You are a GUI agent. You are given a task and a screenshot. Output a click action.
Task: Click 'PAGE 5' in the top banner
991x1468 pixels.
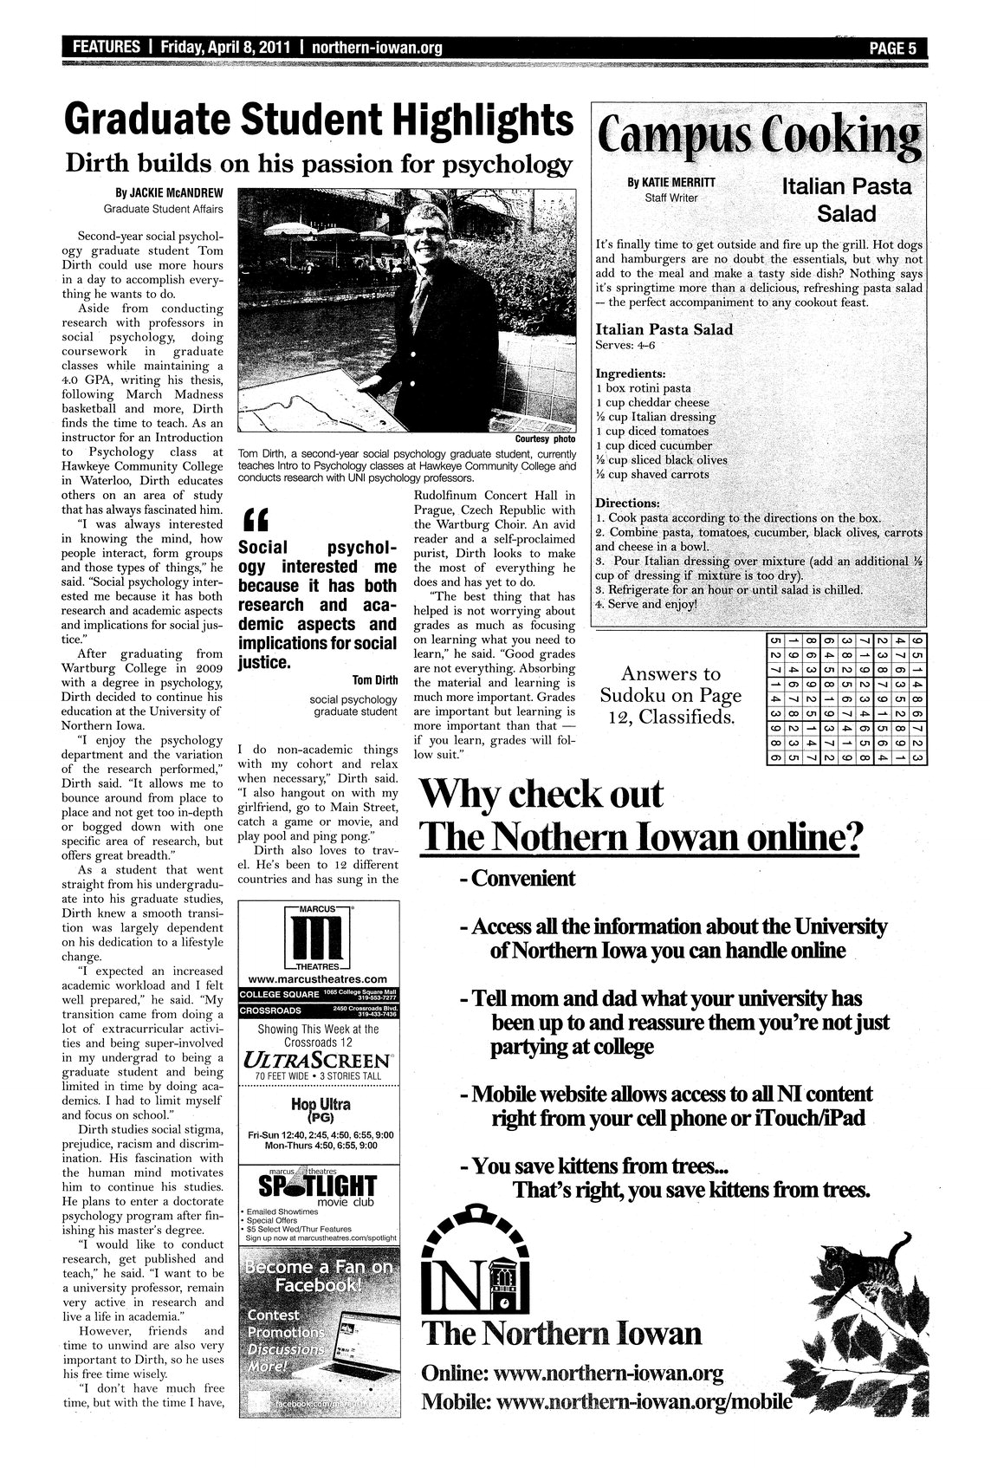[893, 48]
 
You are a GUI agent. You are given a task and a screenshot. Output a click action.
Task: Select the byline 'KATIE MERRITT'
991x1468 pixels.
[665, 184]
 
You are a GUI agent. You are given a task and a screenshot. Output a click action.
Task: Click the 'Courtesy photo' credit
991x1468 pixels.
[546, 439]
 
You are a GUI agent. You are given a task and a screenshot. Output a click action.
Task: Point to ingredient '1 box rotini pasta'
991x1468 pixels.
[643, 388]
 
